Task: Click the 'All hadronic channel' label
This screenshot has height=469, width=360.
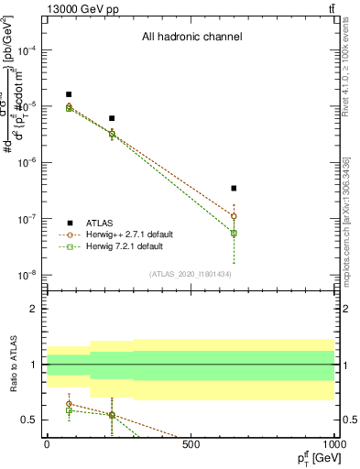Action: click(x=191, y=38)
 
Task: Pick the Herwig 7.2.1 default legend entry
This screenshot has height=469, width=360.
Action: click(x=122, y=246)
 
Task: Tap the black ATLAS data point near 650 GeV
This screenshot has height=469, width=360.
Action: click(x=235, y=188)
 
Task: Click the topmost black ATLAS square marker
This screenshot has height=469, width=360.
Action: click(x=69, y=94)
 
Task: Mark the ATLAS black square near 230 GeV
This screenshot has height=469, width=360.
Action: click(x=112, y=118)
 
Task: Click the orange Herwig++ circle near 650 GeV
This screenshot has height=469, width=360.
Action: click(x=235, y=216)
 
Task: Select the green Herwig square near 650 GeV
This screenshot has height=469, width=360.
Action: click(x=235, y=234)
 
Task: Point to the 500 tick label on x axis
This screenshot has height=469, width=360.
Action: click(x=191, y=444)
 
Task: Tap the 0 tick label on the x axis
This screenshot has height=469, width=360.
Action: click(x=47, y=444)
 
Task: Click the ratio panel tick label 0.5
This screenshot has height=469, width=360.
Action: click(x=30, y=420)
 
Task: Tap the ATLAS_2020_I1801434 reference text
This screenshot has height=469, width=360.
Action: click(x=191, y=274)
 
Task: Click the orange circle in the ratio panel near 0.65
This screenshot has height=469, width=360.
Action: click(x=69, y=403)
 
